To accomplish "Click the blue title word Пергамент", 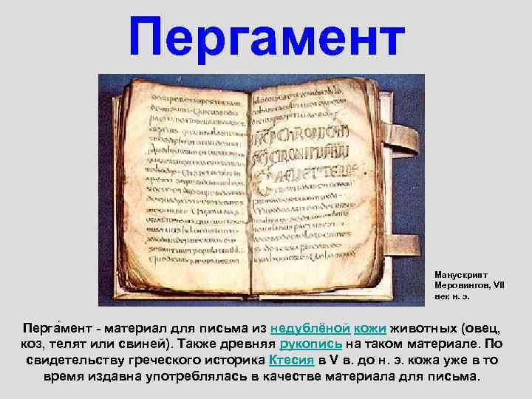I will coord(267,37).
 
